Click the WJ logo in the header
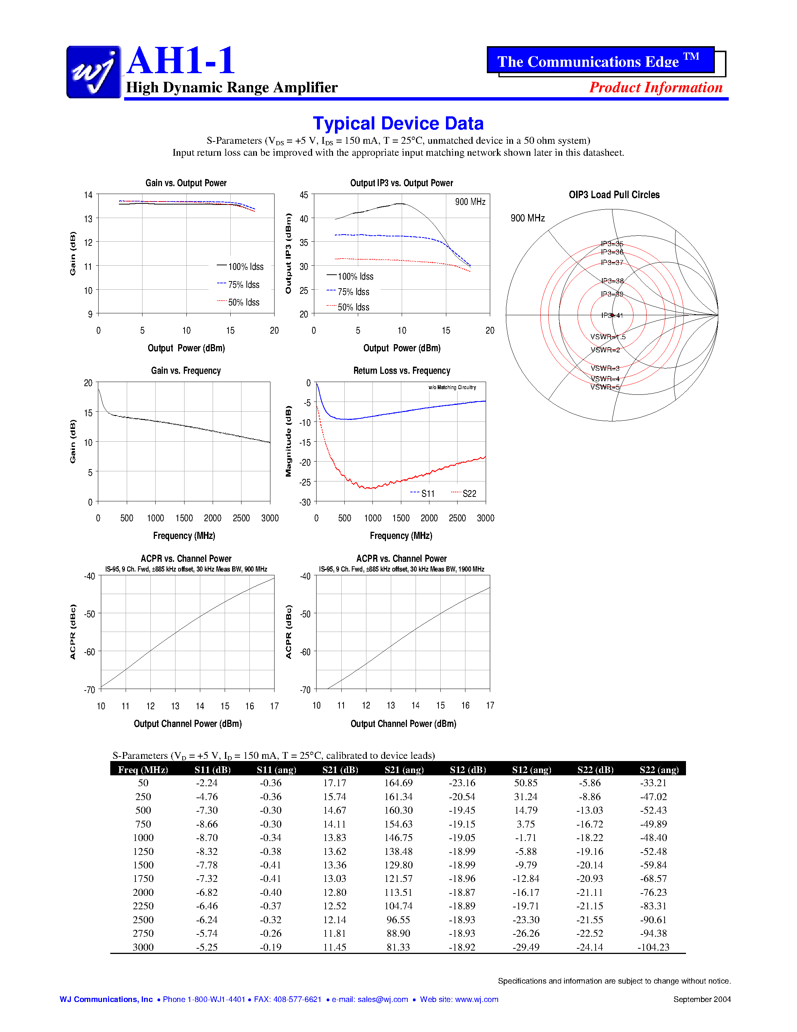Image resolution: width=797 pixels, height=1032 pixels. [x=93, y=72]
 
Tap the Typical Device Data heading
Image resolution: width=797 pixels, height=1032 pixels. [x=398, y=123]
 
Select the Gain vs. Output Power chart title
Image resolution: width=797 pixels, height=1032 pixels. [x=186, y=183]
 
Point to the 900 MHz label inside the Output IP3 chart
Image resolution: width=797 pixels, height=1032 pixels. [x=470, y=202]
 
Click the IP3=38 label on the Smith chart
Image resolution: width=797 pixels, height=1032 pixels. [x=612, y=281]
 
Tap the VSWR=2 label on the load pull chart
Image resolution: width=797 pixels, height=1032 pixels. [x=605, y=350]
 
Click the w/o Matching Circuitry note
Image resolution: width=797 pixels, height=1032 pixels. [x=452, y=388]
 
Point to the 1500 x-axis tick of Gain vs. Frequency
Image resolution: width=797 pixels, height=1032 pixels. [x=184, y=518]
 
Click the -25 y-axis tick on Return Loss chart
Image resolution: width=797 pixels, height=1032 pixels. [x=306, y=482]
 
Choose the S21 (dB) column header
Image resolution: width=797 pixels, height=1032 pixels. [x=340, y=770]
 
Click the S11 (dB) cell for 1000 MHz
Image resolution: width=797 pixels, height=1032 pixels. [x=207, y=837]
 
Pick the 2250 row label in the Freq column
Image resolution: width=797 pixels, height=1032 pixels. [x=143, y=906]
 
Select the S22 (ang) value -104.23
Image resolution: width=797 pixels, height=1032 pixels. [x=653, y=947]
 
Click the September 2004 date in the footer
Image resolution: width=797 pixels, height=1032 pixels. [x=702, y=999]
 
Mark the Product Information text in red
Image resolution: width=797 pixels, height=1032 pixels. [x=655, y=87]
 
